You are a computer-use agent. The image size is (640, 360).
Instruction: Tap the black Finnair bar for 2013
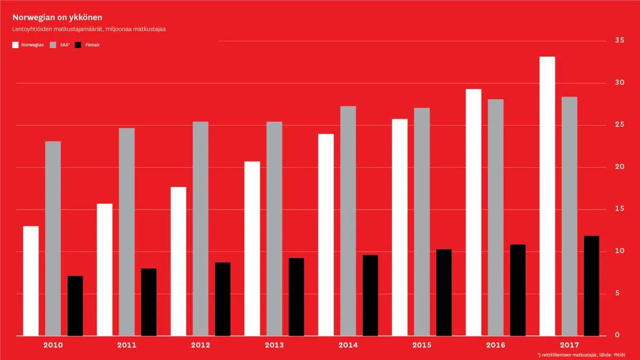click(x=296, y=297)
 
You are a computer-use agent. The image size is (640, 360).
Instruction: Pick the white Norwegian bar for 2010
click(x=31, y=281)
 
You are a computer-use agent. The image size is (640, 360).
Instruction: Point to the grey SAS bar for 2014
click(x=348, y=221)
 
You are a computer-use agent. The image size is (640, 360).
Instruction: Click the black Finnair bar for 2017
click(x=591, y=286)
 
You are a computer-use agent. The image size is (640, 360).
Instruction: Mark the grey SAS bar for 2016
click(x=495, y=218)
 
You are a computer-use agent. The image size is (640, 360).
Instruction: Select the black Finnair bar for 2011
click(x=149, y=302)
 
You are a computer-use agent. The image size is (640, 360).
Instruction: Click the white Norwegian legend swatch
click(x=15, y=45)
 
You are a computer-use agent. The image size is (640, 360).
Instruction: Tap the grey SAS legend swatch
click(x=53, y=45)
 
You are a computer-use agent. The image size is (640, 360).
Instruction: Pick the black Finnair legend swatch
click(x=78, y=45)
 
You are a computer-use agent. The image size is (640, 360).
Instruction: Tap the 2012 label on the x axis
click(x=201, y=345)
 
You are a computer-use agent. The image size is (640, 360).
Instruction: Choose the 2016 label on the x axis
click(x=495, y=345)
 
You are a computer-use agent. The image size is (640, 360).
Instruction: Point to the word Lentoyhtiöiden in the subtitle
click(x=33, y=29)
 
